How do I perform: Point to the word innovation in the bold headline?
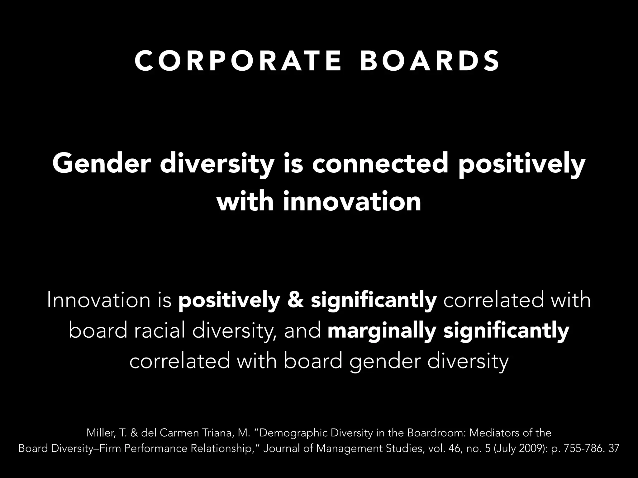[352, 202]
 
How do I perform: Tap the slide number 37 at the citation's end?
[613, 448]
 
